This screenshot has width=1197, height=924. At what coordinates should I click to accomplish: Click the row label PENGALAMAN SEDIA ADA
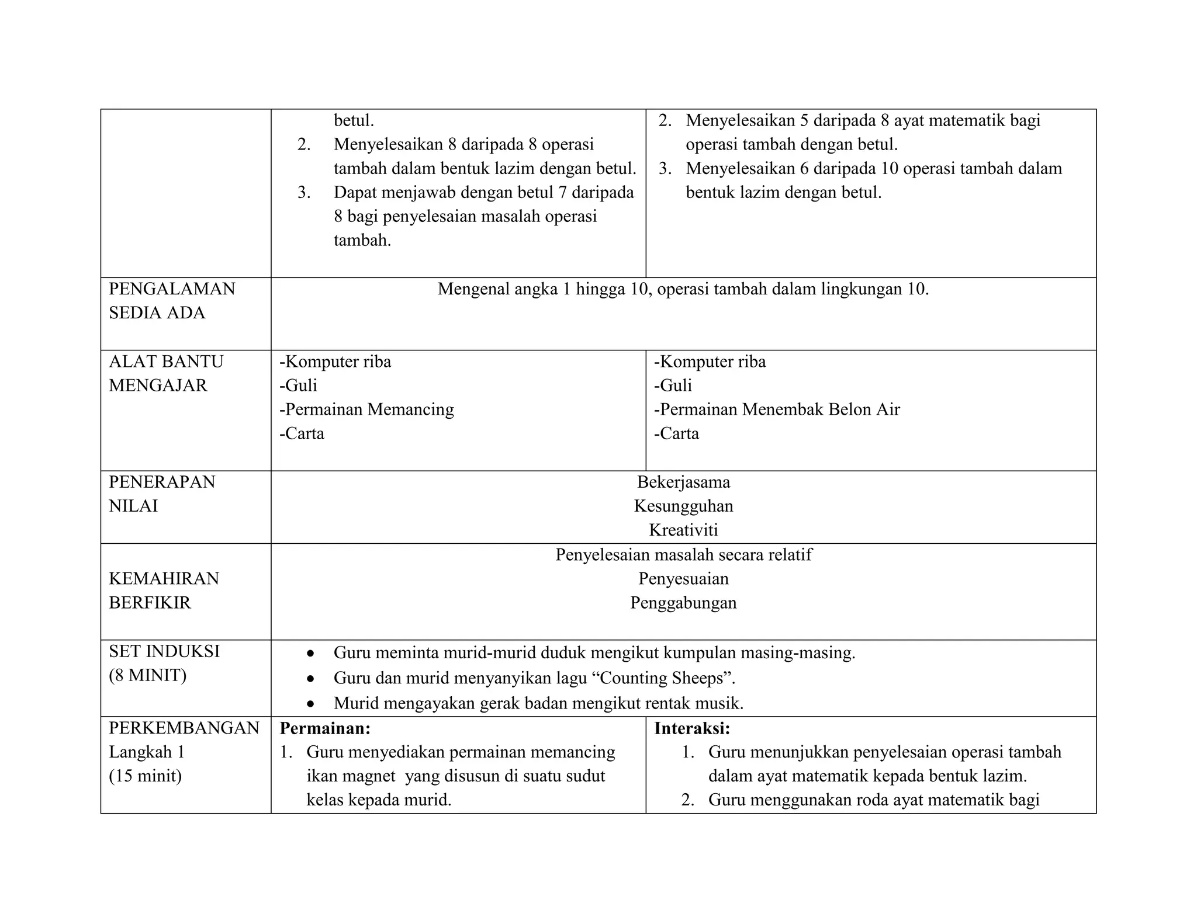point(172,301)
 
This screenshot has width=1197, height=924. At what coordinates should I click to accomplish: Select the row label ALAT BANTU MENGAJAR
point(166,373)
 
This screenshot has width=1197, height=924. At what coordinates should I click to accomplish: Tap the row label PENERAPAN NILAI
point(162,494)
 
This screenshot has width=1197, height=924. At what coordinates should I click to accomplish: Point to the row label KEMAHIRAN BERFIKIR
point(164,590)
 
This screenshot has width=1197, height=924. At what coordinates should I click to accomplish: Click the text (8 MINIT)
point(147,676)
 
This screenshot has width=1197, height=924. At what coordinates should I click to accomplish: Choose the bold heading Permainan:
point(325,728)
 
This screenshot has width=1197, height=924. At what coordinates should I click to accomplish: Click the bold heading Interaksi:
point(692,728)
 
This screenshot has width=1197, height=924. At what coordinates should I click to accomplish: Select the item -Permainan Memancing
point(366,409)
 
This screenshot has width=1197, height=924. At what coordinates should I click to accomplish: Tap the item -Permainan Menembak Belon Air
point(777,409)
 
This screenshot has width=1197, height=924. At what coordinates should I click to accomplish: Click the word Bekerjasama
point(683,482)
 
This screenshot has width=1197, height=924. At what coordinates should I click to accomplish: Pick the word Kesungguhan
point(683,506)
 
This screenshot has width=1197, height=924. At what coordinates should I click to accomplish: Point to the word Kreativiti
point(683,530)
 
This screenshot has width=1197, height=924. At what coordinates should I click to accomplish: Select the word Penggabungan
point(683,603)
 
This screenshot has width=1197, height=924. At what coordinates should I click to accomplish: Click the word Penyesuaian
point(683,579)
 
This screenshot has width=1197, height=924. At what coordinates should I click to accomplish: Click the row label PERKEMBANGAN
point(184,728)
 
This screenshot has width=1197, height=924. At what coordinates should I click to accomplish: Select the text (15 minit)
point(145,776)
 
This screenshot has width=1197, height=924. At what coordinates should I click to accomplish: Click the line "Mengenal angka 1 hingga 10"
point(683,289)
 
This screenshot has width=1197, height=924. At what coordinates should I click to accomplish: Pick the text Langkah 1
point(147,752)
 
